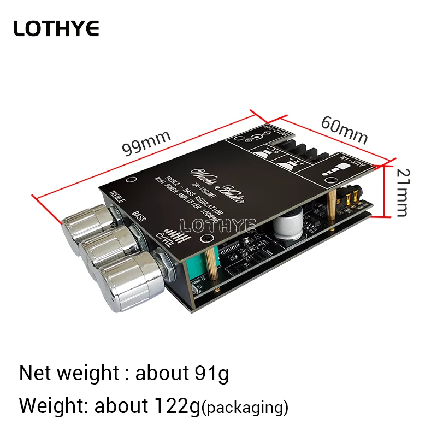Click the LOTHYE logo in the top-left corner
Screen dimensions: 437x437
click(56, 28)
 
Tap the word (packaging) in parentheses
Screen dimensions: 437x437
click(245, 407)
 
